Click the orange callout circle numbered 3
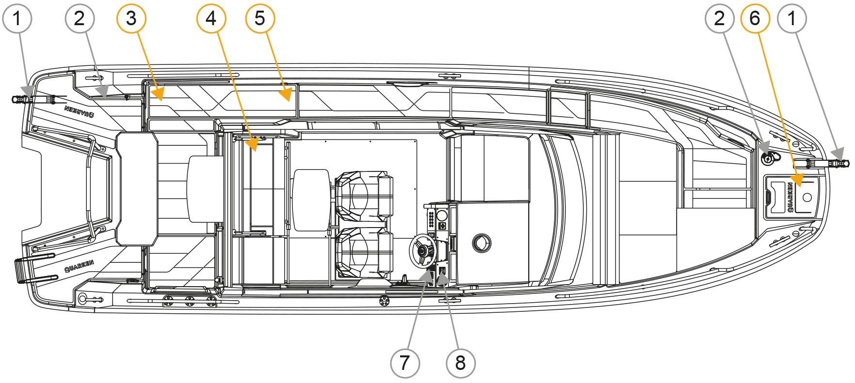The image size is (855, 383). [131, 18]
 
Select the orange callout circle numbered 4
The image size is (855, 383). [211, 18]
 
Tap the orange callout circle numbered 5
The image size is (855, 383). [260, 18]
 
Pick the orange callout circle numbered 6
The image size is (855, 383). [755, 18]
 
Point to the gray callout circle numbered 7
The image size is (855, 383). [405, 363]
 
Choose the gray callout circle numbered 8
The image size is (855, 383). [460, 363]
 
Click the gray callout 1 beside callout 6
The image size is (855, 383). [792, 18]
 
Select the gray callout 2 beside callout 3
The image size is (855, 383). [80, 18]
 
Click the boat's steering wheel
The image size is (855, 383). [423, 250]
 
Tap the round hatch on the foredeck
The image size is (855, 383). [481, 243]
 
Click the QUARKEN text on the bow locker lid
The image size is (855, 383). [790, 197]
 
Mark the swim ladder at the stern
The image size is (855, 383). [35, 269]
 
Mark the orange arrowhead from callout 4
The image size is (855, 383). [252, 144]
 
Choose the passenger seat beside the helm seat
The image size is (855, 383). [364, 196]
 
